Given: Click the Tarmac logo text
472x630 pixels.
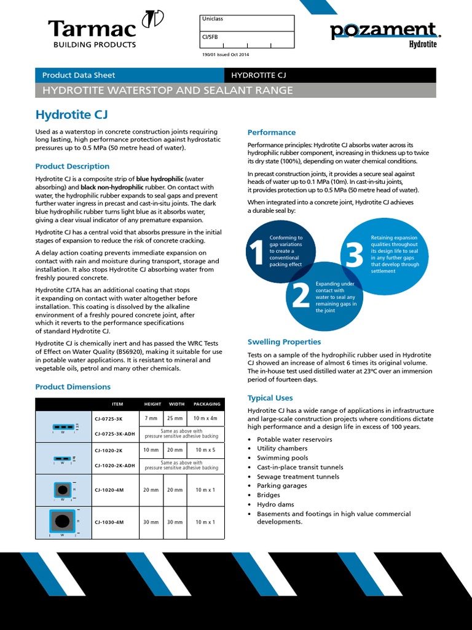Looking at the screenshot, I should [92, 28].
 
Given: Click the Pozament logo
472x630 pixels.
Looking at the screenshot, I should [383, 31].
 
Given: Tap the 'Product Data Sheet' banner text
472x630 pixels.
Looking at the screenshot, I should [78, 75].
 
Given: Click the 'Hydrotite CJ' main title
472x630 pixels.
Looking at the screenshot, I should [72, 114].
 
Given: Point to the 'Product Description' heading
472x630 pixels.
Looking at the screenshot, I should [72, 166].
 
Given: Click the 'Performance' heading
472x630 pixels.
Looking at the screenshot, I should [271, 132].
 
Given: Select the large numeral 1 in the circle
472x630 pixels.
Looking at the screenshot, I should [257, 254].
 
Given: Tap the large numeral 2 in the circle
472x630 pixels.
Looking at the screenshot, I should [301, 297].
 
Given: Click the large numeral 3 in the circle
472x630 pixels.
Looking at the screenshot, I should [355, 255].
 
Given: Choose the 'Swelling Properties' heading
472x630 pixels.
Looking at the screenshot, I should [284, 342].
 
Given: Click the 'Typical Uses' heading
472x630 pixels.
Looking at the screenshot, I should [270, 398].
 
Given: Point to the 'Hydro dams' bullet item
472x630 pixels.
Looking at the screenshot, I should [275, 504].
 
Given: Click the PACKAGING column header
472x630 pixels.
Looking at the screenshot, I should [206, 404].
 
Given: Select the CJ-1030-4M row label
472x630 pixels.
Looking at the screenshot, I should [109, 522].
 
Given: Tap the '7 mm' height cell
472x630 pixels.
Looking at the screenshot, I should [151, 418].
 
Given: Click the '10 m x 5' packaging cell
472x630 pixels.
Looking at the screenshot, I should [205, 450].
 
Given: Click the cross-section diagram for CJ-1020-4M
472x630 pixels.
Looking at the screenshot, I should [61, 490].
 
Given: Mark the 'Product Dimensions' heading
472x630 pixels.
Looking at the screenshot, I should [73, 387].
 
